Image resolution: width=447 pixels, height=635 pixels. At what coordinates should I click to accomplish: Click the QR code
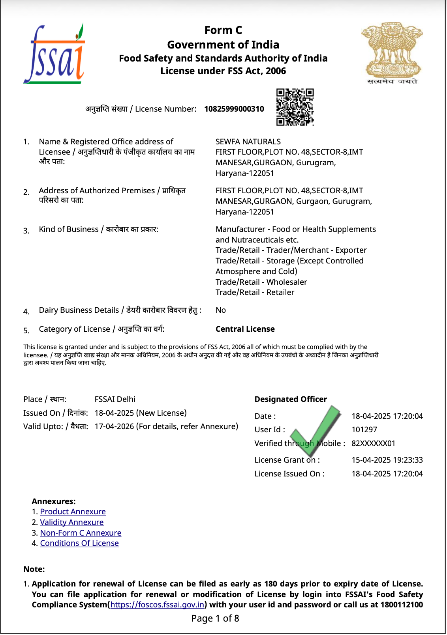295,107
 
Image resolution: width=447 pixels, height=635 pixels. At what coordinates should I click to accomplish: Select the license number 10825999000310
234,109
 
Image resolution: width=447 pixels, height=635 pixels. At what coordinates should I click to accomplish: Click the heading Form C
223,30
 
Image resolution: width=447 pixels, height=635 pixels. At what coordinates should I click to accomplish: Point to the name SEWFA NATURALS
248,142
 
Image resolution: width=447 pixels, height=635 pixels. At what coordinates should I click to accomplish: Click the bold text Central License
245,329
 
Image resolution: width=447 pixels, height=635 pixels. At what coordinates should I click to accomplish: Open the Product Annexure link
73,512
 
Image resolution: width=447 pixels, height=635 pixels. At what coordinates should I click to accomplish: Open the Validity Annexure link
71,522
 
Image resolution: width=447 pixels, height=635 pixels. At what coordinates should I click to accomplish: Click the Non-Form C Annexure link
81,533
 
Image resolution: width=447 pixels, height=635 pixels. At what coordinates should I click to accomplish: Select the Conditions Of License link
79,543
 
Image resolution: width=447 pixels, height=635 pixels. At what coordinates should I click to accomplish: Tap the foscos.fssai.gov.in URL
157,605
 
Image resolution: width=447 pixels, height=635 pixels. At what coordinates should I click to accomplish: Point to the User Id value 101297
364,430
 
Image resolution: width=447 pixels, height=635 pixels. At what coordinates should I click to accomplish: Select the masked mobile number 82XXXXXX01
373,443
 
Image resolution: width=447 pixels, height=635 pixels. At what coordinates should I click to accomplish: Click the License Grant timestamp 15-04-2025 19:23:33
387,460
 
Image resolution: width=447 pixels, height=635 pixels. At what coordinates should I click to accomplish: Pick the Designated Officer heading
291,399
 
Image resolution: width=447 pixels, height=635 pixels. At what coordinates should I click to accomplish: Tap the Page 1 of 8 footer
215,618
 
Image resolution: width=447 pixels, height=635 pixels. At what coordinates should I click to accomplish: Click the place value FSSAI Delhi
115,399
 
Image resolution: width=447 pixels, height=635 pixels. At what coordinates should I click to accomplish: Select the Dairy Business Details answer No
220,310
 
